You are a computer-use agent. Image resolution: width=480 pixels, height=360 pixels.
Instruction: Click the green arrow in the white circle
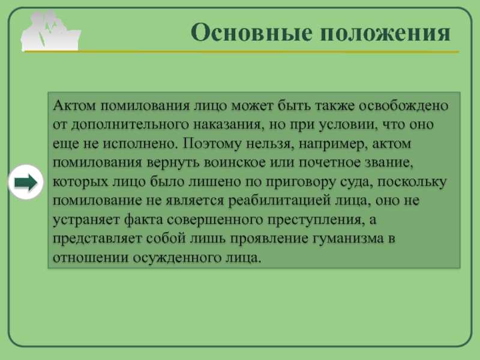click(x=26, y=182)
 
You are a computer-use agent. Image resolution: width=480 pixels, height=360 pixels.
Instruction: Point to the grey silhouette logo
click(x=51, y=31)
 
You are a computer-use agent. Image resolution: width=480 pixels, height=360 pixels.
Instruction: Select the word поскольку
click(x=412, y=182)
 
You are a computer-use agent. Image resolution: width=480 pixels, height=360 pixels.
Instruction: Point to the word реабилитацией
click(x=279, y=201)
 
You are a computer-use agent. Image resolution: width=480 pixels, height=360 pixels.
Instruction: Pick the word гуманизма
click(x=348, y=239)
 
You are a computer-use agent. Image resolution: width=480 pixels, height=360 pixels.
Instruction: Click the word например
click(x=333, y=144)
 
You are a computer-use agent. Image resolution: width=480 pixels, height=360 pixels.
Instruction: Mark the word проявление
click(x=269, y=239)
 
